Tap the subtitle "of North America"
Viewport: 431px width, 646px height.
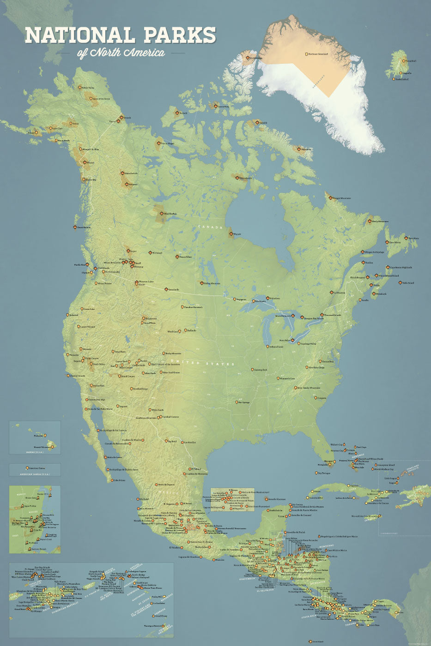click(x=121, y=53)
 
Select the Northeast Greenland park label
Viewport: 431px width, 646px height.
click(x=318, y=54)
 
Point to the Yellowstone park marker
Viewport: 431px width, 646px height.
click(x=143, y=318)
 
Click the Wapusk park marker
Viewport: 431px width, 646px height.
click(x=231, y=234)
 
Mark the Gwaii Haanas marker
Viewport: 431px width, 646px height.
click(x=75, y=227)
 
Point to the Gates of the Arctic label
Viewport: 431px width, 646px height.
click(x=101, y=98)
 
